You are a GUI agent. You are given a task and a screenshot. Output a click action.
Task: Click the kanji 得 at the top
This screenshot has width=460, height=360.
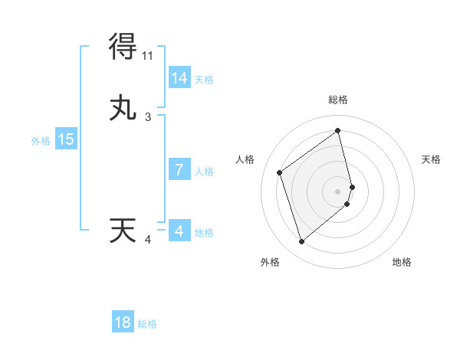point(123,47)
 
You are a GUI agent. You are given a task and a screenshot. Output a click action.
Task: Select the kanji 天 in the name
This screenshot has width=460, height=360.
point(123,231)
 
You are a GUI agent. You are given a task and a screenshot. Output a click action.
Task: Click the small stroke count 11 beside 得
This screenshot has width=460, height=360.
point(148,56)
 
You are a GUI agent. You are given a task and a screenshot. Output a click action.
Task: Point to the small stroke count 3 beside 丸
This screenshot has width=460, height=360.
point(148,117)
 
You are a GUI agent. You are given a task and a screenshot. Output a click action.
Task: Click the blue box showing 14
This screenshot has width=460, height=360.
point(179,78)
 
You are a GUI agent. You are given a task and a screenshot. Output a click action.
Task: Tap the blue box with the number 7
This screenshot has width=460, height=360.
point(179,170)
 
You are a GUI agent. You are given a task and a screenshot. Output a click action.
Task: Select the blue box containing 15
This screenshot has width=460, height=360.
point(66,139)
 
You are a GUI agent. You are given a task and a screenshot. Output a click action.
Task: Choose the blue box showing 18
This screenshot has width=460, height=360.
point(123,322)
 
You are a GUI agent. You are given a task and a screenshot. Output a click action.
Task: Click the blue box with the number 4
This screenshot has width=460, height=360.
point(179,231)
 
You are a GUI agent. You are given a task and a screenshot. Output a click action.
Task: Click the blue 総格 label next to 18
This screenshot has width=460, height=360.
point(147,324)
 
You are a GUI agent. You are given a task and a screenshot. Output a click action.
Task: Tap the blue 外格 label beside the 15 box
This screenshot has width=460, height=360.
point(41,141)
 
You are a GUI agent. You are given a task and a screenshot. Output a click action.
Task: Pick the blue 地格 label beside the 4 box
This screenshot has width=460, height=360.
point(204,233)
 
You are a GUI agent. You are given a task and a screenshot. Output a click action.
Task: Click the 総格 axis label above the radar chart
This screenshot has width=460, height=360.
point(338,100)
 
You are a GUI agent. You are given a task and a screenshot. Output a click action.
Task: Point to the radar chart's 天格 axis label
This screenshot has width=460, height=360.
point(432,159)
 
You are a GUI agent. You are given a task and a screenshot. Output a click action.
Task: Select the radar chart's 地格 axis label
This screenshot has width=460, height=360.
point(402,262)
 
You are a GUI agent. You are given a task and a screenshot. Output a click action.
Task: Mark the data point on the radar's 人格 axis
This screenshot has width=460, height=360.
point(280,172)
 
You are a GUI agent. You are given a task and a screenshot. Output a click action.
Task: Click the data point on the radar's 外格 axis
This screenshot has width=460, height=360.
point(301,242)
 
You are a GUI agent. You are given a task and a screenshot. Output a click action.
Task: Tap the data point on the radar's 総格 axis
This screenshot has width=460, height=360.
point(338,130)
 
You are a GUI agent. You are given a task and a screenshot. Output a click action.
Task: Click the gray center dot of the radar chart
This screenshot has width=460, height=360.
point(338,191)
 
